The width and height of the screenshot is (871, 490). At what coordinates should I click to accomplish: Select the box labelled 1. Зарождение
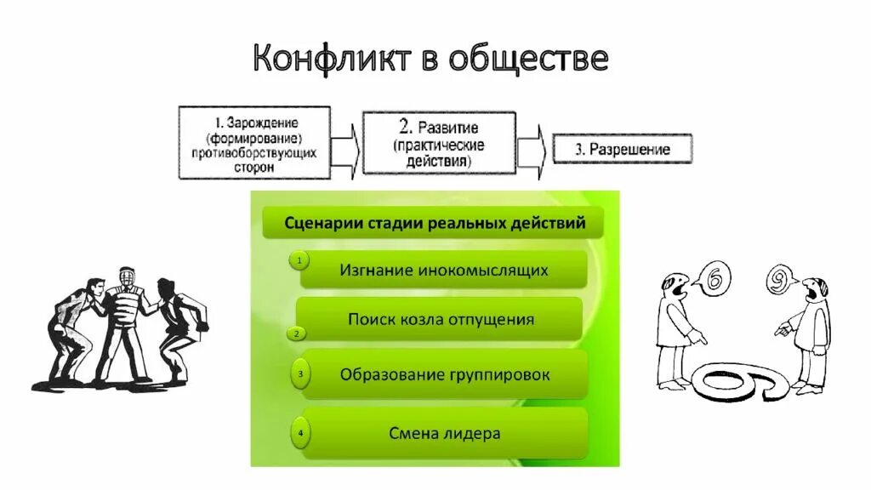tap(254, 142)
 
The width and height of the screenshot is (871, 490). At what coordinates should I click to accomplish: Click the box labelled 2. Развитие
tap(439, 142)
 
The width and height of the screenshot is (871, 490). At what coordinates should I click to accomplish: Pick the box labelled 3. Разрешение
tap(622, 149)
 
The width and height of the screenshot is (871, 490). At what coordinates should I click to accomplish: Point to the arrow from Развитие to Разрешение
tap(532, 146)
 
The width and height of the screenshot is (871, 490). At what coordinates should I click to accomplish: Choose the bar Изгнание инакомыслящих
tap(443, 270)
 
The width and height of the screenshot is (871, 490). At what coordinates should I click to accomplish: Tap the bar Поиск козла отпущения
tap(441, 319)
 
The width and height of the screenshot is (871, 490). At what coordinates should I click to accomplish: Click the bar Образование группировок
tap(445, 373)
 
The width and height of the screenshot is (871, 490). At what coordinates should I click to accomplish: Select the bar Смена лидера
tap(445, 433)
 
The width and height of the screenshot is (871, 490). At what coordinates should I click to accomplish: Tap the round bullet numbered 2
tap(296, 333)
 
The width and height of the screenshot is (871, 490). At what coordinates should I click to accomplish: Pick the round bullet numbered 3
tap(299, 373)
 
